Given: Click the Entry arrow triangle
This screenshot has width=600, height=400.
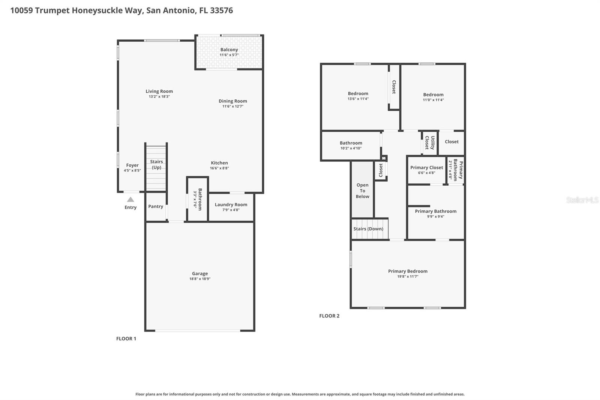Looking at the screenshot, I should pyautogui.click(x=130, y=200).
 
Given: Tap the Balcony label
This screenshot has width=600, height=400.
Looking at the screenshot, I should pyautogui.click(x=229, y=50).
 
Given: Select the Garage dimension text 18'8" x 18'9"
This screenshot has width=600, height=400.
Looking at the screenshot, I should pyautogui.click(x=200, y=279).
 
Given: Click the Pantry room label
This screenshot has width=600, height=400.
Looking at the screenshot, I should pyautogui.click(x=156, y=206).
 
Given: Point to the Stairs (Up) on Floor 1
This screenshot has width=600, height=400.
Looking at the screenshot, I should pyautogui.click(x=156, y=164).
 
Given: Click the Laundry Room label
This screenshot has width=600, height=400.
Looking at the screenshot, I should pyautogui.click(x=231, y=205).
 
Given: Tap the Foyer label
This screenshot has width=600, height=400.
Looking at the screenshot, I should pyautogui.click(x=132, y=165).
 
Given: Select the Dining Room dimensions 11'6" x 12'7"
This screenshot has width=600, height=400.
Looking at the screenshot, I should pyautogui.click(x=233, y=106).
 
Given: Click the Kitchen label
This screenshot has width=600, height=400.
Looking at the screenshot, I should pyautogui.click(x=219, y=163).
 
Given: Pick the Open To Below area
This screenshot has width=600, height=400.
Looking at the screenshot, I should pyautogui.click(x=362, y=191).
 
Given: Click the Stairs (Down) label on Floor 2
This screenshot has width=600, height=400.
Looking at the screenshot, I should pyautogui.click(x=368, y=229).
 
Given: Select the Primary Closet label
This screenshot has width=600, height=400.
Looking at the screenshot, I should pyautogui.click(x=426, y=167).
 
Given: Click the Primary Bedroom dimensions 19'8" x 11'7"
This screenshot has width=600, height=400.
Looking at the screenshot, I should pyautogui.click(x=408, y=277).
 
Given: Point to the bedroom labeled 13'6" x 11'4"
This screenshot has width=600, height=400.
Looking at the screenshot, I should pyautogui.click(x=358, y=96).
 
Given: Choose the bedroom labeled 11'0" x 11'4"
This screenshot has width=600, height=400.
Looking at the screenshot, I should pyautogui.click(x=433, y=97).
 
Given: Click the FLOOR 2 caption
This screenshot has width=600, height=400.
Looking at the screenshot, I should pyautogui.click(x=329, y=316).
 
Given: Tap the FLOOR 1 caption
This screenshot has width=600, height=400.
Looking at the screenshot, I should pyautogui.click(x=126, y=338).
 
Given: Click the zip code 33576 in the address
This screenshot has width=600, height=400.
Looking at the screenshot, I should pyautogui.click(x=221, y=10).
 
